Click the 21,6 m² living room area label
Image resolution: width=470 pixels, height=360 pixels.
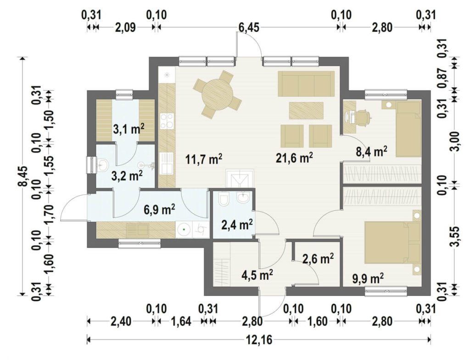294,157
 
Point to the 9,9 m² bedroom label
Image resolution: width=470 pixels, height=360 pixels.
368,279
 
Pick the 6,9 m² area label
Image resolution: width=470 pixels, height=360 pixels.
159,210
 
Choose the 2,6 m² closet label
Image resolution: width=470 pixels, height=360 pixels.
319,259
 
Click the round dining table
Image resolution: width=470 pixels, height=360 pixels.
217,93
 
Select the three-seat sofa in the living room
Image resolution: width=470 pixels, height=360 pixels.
306,84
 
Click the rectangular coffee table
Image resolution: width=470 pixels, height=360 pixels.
306,110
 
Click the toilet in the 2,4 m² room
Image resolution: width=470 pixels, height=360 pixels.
224,199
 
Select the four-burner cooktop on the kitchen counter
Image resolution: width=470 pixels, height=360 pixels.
167,121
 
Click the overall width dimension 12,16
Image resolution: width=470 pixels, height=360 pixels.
259,340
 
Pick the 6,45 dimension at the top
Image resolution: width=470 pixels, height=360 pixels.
248,27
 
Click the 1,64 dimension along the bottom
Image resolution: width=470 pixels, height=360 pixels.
181,321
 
